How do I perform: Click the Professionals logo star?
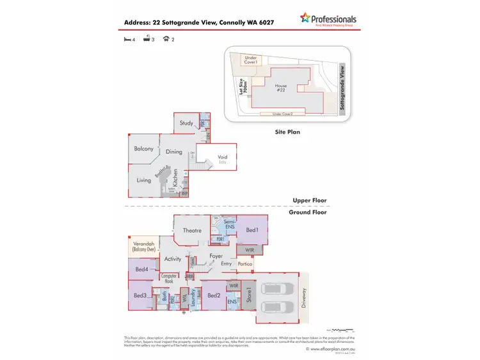pos(306,19)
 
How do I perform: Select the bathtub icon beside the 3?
pos(147,40)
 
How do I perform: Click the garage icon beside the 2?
pos(166,40)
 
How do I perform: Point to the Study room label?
pos(186,123)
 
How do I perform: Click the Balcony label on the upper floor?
pos(143,149)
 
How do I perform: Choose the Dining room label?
pos(174,152)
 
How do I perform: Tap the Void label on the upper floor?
pos(222,157)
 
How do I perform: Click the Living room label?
pos(143,180)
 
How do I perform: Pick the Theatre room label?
pos(192,231)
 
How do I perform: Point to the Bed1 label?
pos(252,230)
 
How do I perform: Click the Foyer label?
pos(216,256)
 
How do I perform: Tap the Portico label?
pos(244,263)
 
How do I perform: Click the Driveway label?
pos(305,297)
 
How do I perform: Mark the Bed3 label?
pos(140,295)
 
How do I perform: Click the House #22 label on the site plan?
pos(280,88)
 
